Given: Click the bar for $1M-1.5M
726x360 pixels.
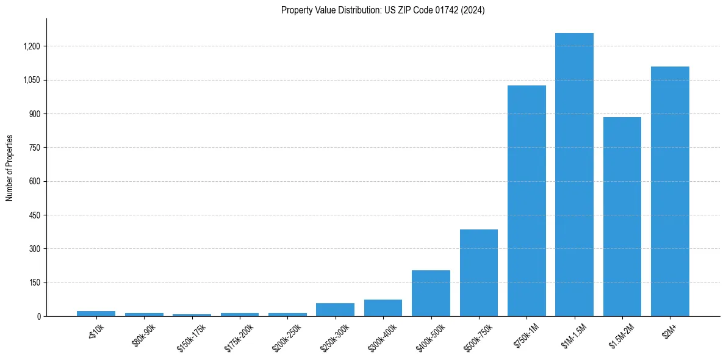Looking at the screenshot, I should tap(574, 175).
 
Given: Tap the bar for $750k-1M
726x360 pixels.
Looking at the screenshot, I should tap(527, 201).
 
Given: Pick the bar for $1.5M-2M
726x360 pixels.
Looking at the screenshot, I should tap(622, 217).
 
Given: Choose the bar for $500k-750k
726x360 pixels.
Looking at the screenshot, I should tap(479, 273).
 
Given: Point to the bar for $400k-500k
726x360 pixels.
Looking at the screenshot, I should tap(431, 293).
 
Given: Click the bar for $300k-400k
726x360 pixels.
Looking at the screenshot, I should tap(383, 308).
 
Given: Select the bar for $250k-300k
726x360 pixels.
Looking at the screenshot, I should tap(335, 309).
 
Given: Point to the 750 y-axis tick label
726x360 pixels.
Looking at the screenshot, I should tap(35, 148).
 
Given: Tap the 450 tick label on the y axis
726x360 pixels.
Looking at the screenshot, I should tap(35, 215).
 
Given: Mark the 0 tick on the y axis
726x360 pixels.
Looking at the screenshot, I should tap(38, 317).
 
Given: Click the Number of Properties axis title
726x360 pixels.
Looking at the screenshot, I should tap(10, 168).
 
